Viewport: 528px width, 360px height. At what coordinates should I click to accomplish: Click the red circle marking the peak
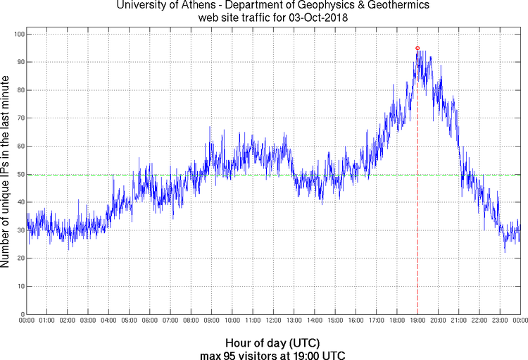pos(417,48)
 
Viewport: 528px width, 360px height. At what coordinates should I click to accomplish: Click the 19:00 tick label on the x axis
pos(417,321)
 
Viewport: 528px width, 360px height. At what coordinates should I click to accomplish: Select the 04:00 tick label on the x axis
pos(109,321)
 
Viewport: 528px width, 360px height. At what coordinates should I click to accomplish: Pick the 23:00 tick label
pos(500,321)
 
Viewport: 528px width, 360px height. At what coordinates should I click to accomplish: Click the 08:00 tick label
pos(191,321)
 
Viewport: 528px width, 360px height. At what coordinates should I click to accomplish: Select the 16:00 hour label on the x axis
pos(356,321)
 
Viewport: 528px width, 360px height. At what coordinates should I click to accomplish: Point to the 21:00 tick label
pos(458,321)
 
